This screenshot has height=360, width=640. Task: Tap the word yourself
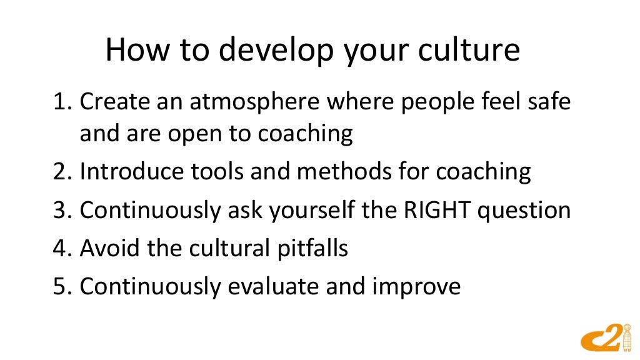(x=319, y=211)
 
